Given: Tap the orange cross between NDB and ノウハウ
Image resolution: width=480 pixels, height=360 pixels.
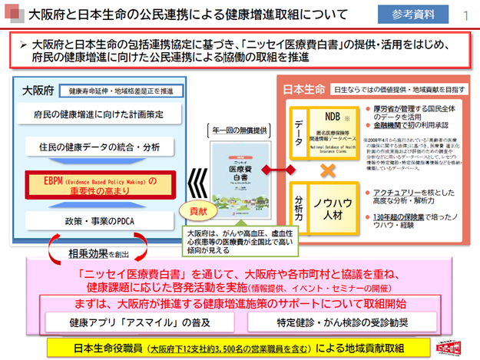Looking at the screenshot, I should [x=331, y=170].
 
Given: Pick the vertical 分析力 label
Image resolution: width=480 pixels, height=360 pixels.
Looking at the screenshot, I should [x=300, y=207].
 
